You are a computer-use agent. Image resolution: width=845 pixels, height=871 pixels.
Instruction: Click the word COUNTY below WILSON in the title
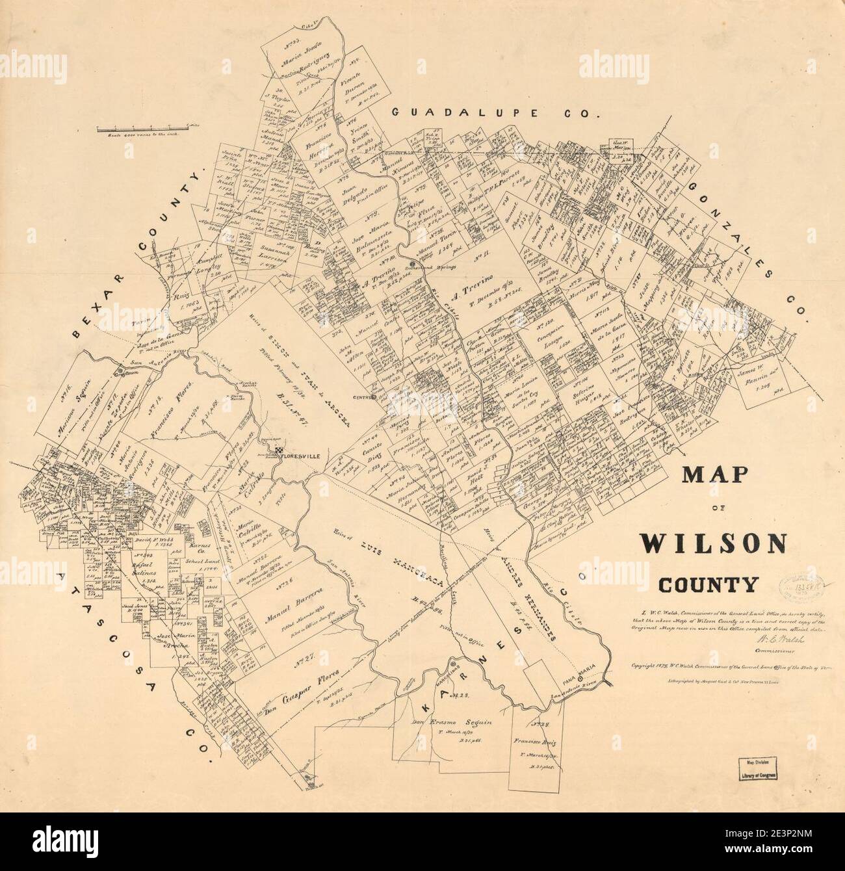(708, 585)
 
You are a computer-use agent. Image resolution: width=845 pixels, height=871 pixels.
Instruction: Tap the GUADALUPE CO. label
(494, 113)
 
